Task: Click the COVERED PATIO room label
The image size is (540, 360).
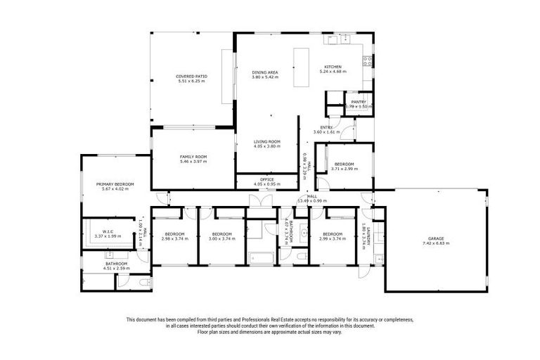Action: [191, 76]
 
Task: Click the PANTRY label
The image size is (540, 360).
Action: [359, 101]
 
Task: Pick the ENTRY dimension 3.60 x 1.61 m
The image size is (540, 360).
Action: [326, 131]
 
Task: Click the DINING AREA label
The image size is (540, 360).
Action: [266, 72]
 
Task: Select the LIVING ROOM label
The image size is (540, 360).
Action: [267, 142]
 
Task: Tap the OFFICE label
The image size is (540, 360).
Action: [267, 179]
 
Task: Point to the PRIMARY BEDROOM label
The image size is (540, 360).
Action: [115, 184]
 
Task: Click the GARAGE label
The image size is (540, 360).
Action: [436, 238]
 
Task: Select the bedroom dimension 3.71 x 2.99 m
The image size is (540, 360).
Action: [344, 169]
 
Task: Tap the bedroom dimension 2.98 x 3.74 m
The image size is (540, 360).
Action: [174, 238]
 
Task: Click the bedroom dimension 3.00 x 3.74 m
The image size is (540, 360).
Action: [222, 238]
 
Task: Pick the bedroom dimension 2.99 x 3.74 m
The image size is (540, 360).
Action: [332, 238]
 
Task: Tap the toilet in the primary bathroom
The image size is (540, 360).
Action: [144, 282]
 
